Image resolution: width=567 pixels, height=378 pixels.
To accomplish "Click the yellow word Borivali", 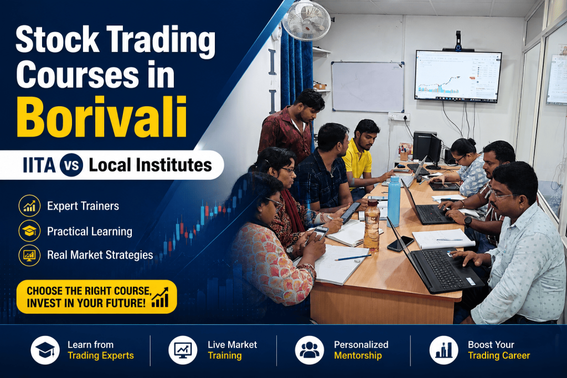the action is [x=102, y=117].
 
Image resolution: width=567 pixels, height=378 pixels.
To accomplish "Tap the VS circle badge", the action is [x=71, y=165].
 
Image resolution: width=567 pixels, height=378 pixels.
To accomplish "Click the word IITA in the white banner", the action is [x=39, y=165].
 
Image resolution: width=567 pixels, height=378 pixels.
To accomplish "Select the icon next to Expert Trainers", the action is [x=29, y=206].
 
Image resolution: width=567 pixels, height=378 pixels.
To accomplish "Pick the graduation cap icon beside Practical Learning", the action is [x=29, y=231].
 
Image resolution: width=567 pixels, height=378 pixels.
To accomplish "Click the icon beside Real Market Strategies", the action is [x=29, y=255].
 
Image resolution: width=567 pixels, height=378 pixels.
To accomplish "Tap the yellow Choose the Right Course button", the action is [x=96, y=297].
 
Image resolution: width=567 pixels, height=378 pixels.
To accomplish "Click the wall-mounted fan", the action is [x=306, y=20].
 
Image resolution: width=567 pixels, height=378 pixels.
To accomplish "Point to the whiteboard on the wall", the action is [x=368, y=87].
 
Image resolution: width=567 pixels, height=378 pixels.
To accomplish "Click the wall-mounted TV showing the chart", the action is [x=458, y=76].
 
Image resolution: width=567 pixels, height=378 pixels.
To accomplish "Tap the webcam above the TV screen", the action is [x=458, y=41].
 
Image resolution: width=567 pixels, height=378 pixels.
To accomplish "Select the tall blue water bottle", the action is [x=394, y=201].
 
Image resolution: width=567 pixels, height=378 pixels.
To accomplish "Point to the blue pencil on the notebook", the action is [x=353, y=258].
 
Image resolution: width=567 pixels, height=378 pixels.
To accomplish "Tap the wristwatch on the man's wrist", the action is [x=468, y=221].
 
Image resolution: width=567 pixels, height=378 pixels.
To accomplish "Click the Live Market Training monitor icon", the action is [x=183, y=350].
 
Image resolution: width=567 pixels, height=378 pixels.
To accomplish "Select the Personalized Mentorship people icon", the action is [x=310, y=350].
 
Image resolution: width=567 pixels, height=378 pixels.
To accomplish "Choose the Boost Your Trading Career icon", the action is [x=444, y=350].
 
